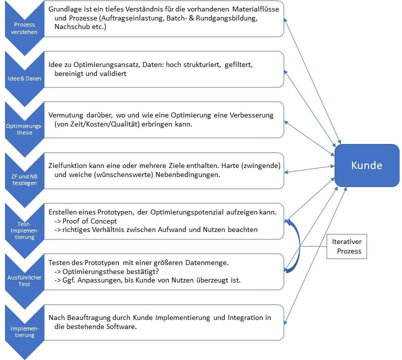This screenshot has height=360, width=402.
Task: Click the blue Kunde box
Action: click(x=367, y=165)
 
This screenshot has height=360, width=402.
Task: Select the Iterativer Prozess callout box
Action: click(x=347, y=246)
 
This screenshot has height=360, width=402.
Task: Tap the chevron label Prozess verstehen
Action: click(x=24, y=28)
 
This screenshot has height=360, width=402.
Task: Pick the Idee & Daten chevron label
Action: click(x=24, y=78)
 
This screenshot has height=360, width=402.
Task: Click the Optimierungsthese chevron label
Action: click(x=24, y=129)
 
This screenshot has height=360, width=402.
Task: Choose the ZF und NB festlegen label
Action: click(x=24, y=179)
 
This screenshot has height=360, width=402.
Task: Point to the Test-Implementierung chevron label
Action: click(x=24, y=230)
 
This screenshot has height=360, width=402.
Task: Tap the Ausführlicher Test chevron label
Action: click(x=24, y=280)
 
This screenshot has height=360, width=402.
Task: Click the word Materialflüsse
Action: click(x=256, y=9)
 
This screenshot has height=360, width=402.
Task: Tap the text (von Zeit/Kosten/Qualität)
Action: click(x=97, y=124)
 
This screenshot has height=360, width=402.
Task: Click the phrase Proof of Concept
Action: click(x=89, y=221)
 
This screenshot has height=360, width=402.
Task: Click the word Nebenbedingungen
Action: click(x=188, y=174)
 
